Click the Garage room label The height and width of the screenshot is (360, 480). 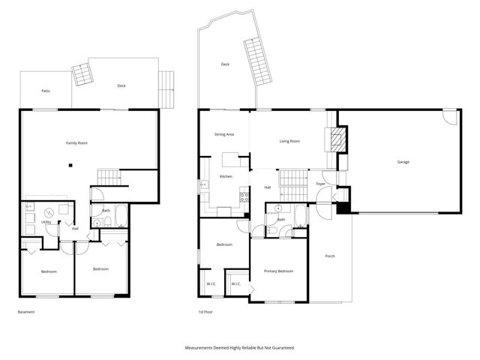(x=403, y=162)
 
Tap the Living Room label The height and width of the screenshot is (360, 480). (x=289, y=141)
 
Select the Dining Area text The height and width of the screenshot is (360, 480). (x=224, y=134)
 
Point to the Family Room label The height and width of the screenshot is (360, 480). (x=76, y=143)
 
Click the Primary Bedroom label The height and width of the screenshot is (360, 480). (x=278, y=271)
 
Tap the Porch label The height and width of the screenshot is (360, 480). (x=330, y=256)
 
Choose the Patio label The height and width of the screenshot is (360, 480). (x=46, y=91)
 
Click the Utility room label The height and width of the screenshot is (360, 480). (x=46, y=222)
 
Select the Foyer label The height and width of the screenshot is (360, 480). (x=320, y=184)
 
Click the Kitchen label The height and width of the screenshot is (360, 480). (x=226, y=177)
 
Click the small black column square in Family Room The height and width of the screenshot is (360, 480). (x=70, y=166)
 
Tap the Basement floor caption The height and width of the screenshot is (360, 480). (x=26, y=312)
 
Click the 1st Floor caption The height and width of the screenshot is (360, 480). (x=205, y=312)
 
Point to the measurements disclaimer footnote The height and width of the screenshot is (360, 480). (x=240, y=348)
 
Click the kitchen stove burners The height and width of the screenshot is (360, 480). (x=244, y=196)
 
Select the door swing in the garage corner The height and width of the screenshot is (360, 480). (x=449, y=117)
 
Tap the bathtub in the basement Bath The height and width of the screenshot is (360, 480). (x=121, y=215)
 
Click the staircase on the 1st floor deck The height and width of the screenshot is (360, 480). (x=258, y=61)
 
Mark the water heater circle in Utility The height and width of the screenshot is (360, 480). (x=49, y=212)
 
